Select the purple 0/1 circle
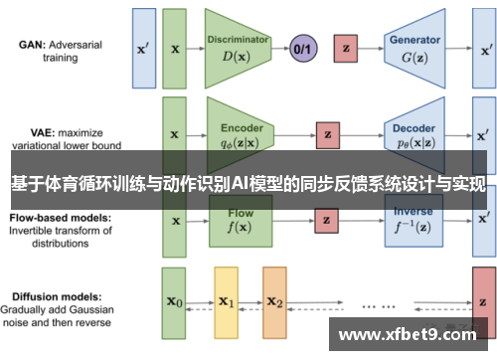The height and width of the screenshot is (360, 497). pos(302,47)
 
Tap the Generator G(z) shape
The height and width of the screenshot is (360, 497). pos(415,47)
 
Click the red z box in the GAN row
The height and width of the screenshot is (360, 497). pos(347,47)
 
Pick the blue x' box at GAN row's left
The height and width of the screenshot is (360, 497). pos(143,47)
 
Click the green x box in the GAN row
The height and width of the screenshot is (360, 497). pos(175,47)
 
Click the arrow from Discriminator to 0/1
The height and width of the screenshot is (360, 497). pos(281,47)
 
